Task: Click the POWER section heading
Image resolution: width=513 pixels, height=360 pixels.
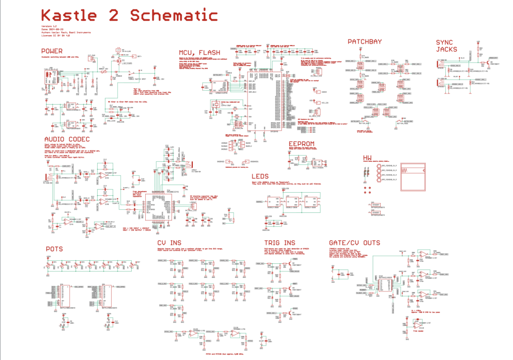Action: (x=52, y=51)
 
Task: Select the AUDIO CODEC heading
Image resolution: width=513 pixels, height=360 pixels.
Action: (x=67, y=139)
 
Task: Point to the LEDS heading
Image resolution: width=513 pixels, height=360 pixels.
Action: (x=261, y=176)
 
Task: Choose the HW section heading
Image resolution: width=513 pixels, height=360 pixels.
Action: (x=369, y=158)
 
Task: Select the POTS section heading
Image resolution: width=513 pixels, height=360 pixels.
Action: (x=54, y=248)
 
